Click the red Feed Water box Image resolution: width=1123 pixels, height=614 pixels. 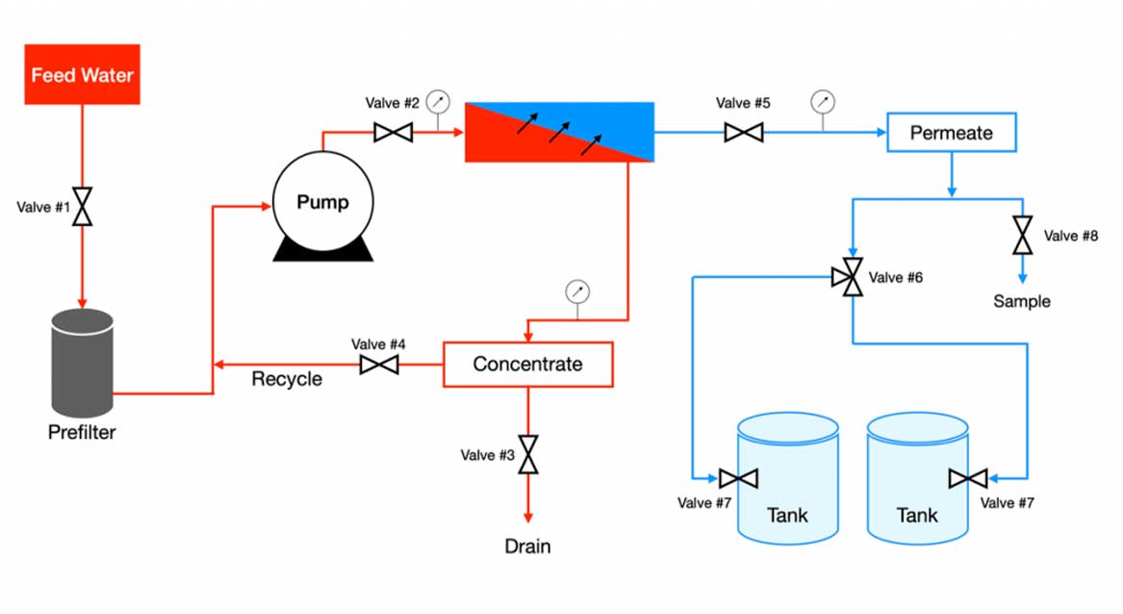click(82, 74)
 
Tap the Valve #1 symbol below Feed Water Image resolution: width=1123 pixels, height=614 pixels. click(83, 206)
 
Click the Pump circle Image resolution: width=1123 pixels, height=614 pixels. click(322, 202)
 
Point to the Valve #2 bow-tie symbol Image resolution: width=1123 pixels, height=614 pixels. click(393, 132)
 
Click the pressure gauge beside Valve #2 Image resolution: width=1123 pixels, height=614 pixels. click(438, 100)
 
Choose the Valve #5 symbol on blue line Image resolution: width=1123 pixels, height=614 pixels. click(743, 132)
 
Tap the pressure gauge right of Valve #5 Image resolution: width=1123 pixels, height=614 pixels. click(823, 100)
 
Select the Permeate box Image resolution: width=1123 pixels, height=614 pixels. click(951, 133)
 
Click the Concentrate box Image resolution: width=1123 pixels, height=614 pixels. click(527, 365)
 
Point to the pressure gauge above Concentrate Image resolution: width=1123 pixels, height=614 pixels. click(577, 291)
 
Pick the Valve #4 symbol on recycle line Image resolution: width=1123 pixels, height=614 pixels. click(379, 365)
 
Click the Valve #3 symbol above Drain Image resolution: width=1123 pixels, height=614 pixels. click(528, 454)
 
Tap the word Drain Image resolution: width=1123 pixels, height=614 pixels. click(528, 547)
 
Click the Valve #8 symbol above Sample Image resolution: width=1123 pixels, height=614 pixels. click(1022, 236)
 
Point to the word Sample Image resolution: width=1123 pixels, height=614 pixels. click(1022, 301)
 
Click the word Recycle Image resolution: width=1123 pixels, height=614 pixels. click(287, 379)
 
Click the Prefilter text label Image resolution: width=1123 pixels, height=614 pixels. click(82, 433)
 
